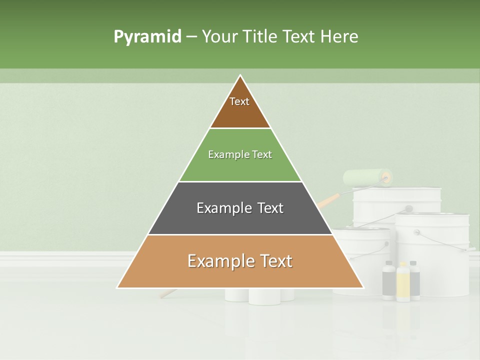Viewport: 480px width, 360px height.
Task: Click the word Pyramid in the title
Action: tap(147, 37)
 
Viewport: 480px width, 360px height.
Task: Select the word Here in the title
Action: tap(339, 37)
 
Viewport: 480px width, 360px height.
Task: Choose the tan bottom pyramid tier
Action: tap(240, 267)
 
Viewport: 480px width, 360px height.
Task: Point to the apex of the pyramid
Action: tap(240, 75)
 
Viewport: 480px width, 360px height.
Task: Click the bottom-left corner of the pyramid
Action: tap(118, 287)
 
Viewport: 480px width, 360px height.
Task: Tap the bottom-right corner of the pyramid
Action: tap(363, 287)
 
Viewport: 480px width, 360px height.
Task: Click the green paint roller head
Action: tap(366, 177)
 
